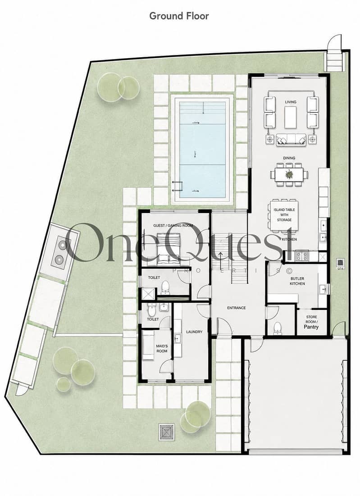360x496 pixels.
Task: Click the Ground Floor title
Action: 179,16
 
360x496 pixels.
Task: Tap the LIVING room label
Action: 291,102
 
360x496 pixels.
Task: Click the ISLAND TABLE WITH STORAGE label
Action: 284,215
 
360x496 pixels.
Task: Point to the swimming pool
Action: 202,149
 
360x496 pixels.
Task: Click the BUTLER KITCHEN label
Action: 297,281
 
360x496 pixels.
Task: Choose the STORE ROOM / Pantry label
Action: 311,322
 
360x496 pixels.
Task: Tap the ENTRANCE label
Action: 236,308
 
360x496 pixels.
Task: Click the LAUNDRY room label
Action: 194,332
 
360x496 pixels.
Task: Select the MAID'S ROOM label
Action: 162,349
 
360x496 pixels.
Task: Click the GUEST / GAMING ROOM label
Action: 173,226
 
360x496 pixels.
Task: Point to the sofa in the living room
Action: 291,140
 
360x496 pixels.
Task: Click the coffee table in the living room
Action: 291,118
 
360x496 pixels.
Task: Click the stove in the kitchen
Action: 302,255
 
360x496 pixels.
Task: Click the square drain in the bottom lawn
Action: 166,432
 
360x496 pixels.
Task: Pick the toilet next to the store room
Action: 277,328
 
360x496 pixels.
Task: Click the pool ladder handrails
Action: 177,186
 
